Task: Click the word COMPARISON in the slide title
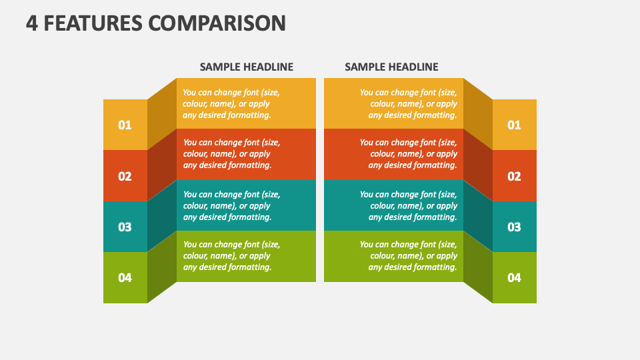pyautogui.click(x=217, y=23)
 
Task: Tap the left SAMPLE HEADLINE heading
pyautogui.click(x=247, y=67)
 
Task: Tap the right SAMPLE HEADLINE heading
pyautogui.click(x=391, y=67)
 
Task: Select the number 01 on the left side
pyautogui.click(x=125, y=125)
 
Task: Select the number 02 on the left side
pyautogui.click(x=125, y=176)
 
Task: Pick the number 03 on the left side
pyautogui.click(x=125, y=227)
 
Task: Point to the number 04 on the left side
pyautogui.click(x=125, y=278)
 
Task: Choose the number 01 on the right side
pyautogui.click(x=514, y=125)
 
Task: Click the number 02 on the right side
pyautogui.click(x=514, y=176)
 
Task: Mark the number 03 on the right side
pyautogui.click(x=514, y=227)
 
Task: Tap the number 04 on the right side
pyautogui.click(x=514, y=278)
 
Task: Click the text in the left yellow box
pyautogui.click(x=231, y=104)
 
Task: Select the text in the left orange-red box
pyautogui.click(x=231, y=154)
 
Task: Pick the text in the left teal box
pyautogui.click(x=231, y=206)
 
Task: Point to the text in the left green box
pyautogui.click(x=231, y=255)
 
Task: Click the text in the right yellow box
pyautogui.click(x=408, y=104)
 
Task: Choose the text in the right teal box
pyautogui.click(x=408, y=206)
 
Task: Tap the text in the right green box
pyautogui.click(x=408, y=255)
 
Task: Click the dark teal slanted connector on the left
pyautogui.click(x=162, y=216)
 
